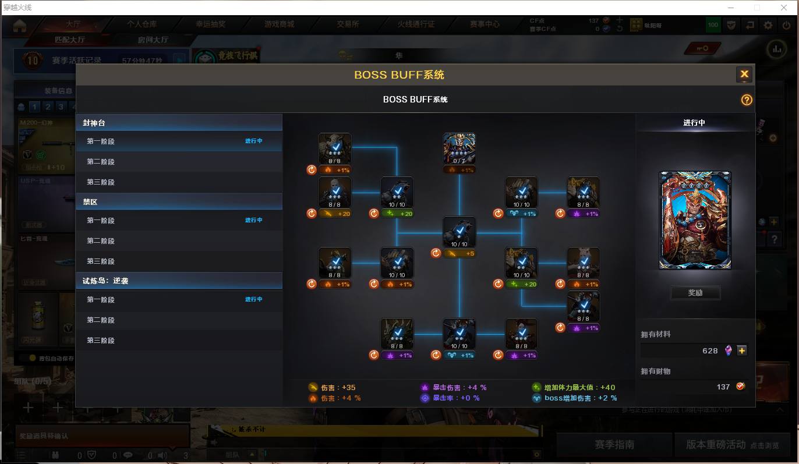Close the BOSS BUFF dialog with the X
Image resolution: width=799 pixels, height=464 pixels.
coord(744,75)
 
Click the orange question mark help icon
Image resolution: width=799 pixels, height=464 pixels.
coord(747,100)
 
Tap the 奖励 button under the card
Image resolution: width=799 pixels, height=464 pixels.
coord(695,293)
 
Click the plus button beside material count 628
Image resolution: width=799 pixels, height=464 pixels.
coord(741,350)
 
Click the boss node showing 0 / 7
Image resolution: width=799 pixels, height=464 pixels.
coord(459,149)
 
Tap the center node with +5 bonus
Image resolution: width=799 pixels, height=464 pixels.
coord(459,233)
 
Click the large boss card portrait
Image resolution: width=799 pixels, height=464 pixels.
coord(695,220)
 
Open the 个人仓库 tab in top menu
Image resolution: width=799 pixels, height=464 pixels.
coord(142,24)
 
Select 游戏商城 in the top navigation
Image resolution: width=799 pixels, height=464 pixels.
coord(279,24)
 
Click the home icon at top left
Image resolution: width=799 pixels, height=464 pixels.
coord(20,26)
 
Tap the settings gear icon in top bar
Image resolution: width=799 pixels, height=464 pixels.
coord(768,25)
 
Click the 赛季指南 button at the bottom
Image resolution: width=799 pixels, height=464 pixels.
coord(614,445)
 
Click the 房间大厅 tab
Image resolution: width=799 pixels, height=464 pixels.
coord(153,40)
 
